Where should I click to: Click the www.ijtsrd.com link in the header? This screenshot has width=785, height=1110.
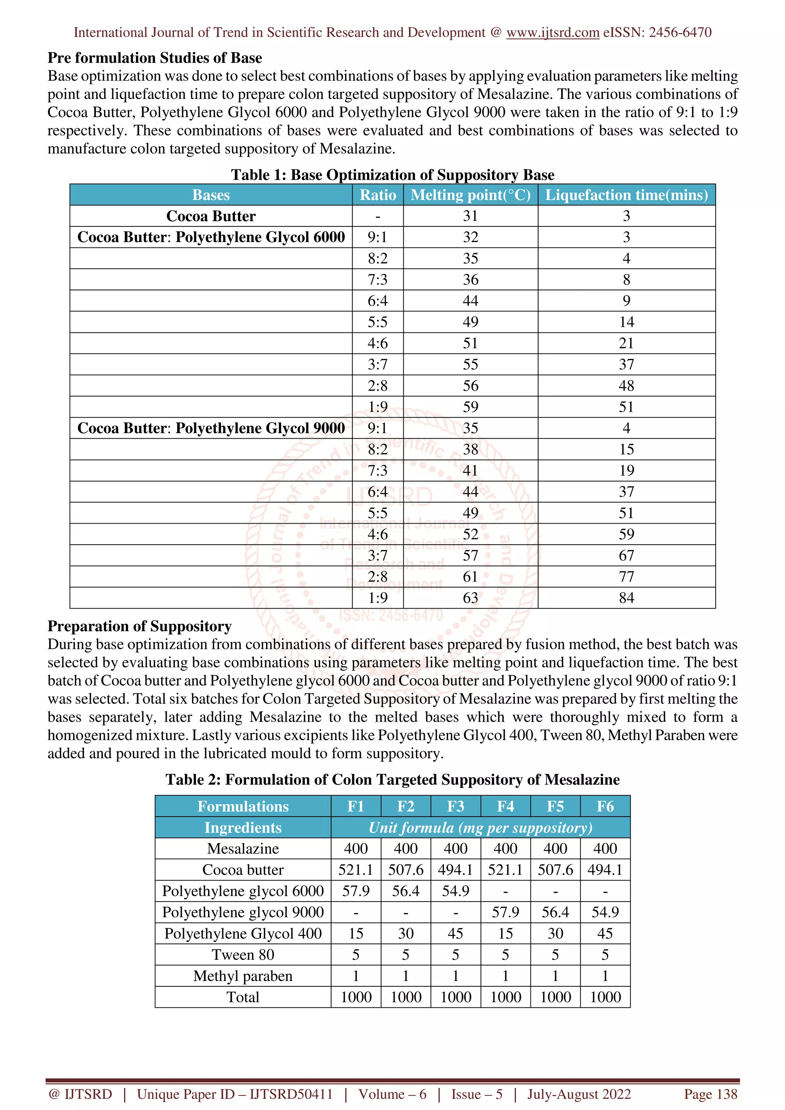pyautogui.click(x=552, y=33)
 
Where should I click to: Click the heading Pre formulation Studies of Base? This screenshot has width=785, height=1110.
pyautogui.click(x=155, y=58)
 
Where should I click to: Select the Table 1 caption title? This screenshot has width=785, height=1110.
pyautogui.click(x=392, y=175)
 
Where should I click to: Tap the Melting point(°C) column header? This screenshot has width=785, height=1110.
pyautogui.click(x=470, y=195)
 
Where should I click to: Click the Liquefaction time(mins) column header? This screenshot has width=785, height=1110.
pyautogui.click(x=626, y=195)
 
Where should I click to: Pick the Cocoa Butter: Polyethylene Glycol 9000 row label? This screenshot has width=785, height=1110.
pyautogui.click(x=211, y=428)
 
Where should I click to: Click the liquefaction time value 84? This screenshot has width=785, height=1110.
pyautogui.click(x=626, y=598)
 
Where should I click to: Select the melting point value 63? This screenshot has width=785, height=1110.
pyautogui.click(x=470, y=598)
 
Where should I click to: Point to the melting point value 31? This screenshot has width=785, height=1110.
pyautogui.click(x=470, y=216)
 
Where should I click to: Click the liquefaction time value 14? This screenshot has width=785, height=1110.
pyautogui.click(x=626, y=322)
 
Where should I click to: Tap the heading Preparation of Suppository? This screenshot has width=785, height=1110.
pyautogui.click(x=139, y=626)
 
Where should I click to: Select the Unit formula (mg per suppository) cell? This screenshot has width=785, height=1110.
pyautogui.click(x=480, y=828)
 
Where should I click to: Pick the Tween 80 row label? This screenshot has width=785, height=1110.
pyautogui.click(x=243, y=955)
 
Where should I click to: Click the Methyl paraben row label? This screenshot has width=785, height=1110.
pyautogui.click(x=243, y=976)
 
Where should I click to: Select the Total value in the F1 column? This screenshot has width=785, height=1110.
pyautogui.click(x=356, y=997)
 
